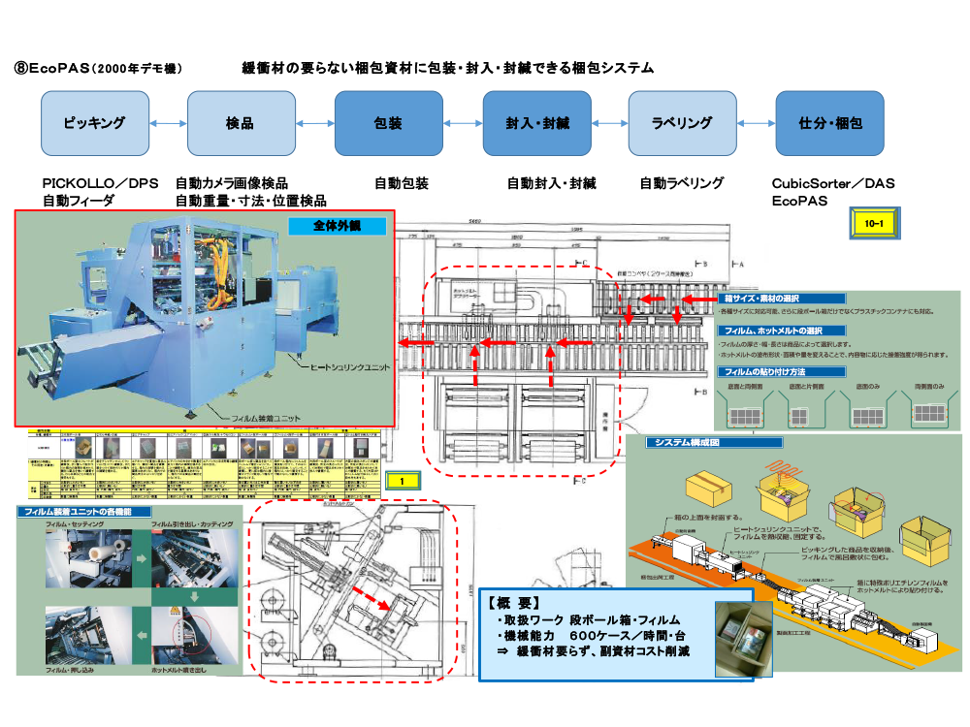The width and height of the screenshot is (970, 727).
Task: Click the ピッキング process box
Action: [94, 123]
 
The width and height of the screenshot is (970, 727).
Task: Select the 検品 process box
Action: [241, 123]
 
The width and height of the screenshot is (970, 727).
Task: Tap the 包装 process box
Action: [388, 123]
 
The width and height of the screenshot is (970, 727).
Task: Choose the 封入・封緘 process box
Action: [536, 123]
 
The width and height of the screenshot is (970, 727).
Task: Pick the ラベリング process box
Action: [682, 123]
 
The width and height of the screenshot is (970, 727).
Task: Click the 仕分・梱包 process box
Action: [830, 123]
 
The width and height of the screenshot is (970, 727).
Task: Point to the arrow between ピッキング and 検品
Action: [168, 123]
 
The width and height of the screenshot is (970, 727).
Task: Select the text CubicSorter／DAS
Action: [833, 183]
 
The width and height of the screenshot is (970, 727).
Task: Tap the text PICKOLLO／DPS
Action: [100, 183]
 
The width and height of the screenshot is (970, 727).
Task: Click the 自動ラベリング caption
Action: [681, 183]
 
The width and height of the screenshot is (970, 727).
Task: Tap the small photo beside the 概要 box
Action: [743, 637]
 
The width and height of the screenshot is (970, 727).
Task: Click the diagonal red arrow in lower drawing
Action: [372, 595]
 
